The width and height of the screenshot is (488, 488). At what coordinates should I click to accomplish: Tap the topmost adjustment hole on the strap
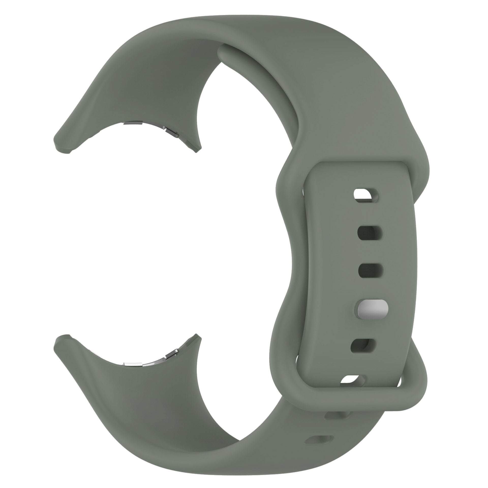(x=367, y=195)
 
